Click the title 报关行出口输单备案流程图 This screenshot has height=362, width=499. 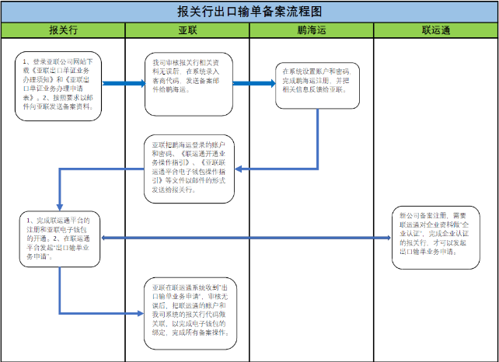[x=249, y=11]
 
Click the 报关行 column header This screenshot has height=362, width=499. [x=62, y=30]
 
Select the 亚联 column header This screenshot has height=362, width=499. [x=187, y=30]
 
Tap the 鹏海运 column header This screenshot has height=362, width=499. [x=311, y=30]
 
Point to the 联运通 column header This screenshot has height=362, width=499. [x=436, y=30]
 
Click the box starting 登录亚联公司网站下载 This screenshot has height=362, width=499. [x=59, y=85]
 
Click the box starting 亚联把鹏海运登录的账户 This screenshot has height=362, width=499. [x=189, y=169]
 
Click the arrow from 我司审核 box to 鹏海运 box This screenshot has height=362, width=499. [x=248, y=82]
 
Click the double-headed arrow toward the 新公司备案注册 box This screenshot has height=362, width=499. [x=249, y=238]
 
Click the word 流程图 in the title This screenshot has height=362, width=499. [x=302, y=11]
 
